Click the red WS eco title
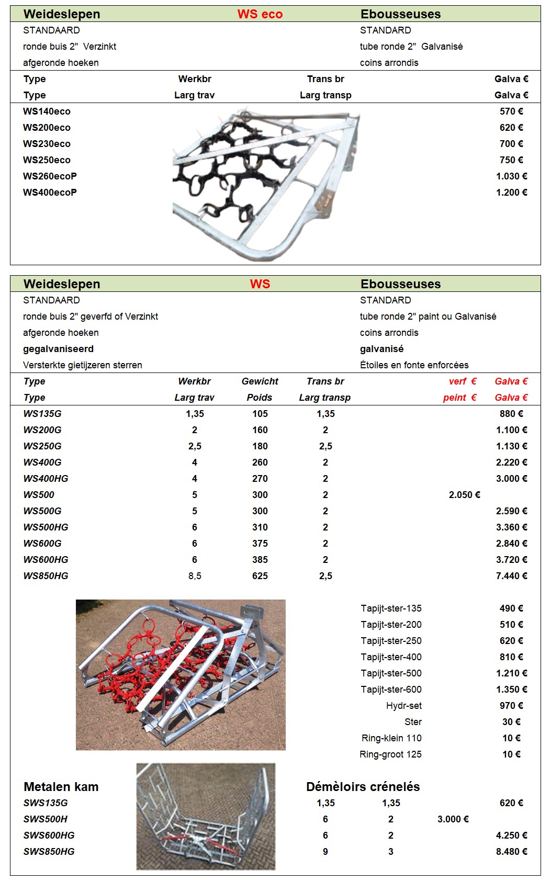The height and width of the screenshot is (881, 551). pyautogui.click(x=260, y=14)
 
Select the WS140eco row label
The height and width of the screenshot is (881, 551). pyautogui.click(x=47, y=111)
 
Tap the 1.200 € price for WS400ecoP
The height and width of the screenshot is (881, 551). pyautogui.click(x=511, y=193)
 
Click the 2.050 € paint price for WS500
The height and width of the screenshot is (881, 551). pyautogui.click(x=464, y=495)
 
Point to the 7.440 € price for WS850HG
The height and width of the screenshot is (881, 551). pyautogui.click(x=511, y=576)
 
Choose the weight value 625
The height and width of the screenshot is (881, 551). pyautogui.click(x=260, y=576)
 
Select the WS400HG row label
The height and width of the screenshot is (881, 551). pyautogui.click(x=46, y=479)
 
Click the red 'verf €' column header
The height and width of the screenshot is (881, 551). pyautogui.click(x=462, y=381)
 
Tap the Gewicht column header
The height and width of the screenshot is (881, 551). pyautogui.click(x=260, y=381)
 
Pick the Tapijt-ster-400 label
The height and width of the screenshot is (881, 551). pyautogui.click(x=391, y=657)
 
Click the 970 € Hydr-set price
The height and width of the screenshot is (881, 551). pyautogui.click(x=511, y=706)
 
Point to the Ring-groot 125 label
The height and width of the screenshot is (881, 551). pyautogui.click(x=390, y=754)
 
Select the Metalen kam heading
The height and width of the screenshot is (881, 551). pyautogui.click(x=61, y=787)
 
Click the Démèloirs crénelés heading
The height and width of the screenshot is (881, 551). pyautogui.click(x=363, y=787)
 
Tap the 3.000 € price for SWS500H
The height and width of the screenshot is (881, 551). pyautogui.click(x=453, y=819)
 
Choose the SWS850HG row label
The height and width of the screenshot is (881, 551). pyautogui.click(x=49, y=852)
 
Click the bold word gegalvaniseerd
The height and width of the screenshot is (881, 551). pyautogui.click(x=58, y=349)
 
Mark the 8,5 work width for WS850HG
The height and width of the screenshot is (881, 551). pyautogui.click(x=195, y=576)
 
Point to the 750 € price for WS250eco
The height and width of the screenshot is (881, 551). pyautogui.click(x=511, y=160)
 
